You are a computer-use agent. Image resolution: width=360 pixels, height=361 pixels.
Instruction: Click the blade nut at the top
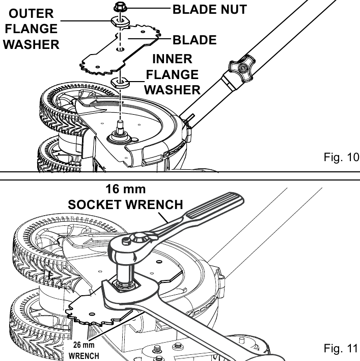(120, 7)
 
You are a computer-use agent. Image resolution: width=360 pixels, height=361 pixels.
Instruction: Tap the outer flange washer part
(120, 21)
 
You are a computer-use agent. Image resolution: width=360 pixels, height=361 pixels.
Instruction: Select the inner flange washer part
(120, 83)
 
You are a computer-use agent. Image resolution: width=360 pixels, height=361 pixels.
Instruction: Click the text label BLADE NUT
(209, 10)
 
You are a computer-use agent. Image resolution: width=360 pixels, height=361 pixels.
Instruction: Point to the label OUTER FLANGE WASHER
(31, 29)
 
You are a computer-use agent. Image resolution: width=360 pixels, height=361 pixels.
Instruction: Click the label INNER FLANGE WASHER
(172, 74)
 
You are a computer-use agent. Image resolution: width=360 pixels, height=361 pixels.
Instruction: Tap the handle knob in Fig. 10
(242, 68)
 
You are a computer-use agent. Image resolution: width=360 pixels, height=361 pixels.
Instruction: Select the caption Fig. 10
(341, 157)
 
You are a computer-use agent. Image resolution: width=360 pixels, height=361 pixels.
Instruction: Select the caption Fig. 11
(341, 348)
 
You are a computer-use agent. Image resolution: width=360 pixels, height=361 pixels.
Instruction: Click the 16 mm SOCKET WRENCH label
(126, 197)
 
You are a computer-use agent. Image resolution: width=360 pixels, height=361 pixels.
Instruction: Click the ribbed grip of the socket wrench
(214, 205)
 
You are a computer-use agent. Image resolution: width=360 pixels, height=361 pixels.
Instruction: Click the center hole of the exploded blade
(120, 49)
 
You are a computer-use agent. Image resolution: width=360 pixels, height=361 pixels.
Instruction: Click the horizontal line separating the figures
(180, 180)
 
